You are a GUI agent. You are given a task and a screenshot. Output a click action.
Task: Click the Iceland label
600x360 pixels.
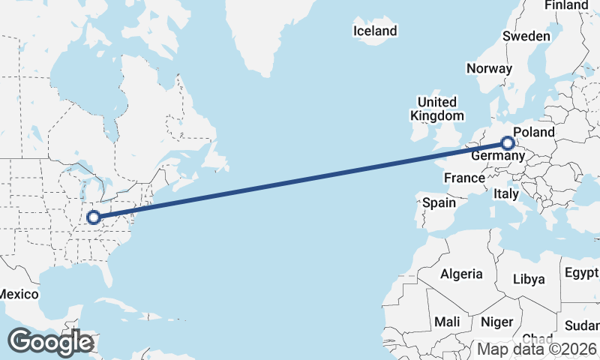pos(375,31)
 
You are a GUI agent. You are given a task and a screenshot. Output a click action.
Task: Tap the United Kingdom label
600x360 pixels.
pos(437,109)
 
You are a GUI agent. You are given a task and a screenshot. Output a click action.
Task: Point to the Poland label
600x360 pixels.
pos(534,133)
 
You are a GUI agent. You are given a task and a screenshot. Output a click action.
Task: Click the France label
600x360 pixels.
pos(464,178)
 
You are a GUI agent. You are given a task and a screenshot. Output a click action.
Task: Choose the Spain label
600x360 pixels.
pos(439,202)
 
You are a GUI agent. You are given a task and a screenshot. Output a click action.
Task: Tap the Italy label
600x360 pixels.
pos(506,193)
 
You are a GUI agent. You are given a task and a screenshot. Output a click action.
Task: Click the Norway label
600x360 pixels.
pos(489,68)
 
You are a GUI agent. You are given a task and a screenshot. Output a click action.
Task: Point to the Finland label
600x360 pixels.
pos(566,5)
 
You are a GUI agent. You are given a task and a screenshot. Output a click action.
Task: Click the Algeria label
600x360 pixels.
pos(461,274)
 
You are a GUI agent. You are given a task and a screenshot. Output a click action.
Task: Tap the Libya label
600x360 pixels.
pos(529,279)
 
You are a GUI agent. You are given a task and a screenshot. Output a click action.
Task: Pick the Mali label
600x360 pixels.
pos(448,322)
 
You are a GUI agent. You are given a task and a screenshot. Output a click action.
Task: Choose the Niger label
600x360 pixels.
pos(496,322)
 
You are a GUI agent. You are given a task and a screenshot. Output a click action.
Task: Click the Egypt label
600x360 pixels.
pos(582,271)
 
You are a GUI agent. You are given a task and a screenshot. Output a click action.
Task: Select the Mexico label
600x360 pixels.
pos(18,294)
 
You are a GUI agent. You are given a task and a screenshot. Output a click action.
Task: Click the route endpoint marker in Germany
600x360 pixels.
pos(508,142)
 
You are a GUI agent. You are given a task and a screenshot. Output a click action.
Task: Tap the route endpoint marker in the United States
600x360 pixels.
pos(94,217)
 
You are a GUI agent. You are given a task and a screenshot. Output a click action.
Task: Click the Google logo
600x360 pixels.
pos(50,342)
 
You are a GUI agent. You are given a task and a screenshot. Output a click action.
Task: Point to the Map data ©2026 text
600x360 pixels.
pos(537,349)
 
